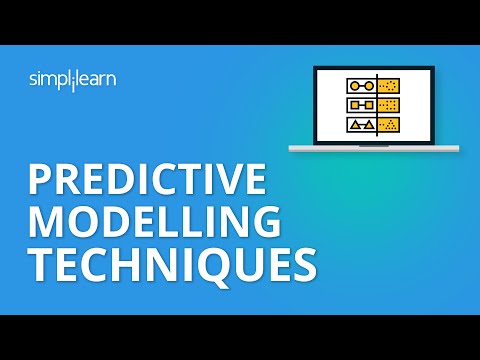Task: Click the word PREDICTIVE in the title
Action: (147, 181)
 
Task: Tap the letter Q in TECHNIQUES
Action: (209, 266)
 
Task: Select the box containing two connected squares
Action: (358, 105)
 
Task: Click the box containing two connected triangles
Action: (358, 125)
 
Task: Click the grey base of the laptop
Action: (374, 148)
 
